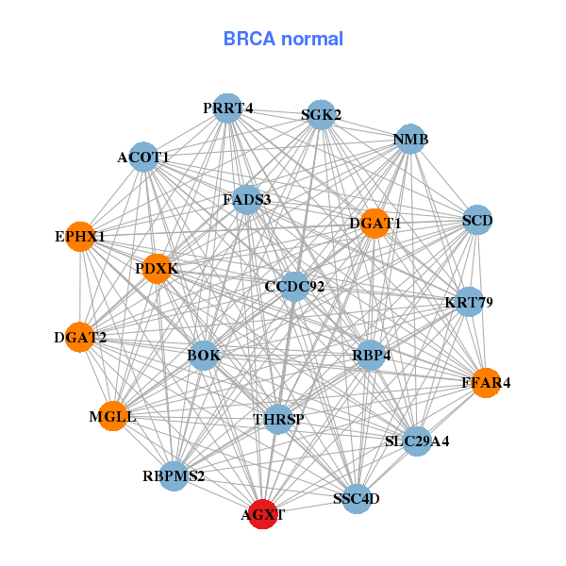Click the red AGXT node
pyautogui.click(x=261, y=515)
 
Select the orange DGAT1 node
pyautogui.click(x=375, y=224)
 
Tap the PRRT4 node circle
pyautogui.click(x=226, y=108)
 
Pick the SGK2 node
pyautogui.click(x=321, y=115)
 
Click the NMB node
pyautogui.click(x=410, y=140)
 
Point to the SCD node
pyautogui.click(x=477, y=222)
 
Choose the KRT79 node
pyautogui.click(x=469, y=303)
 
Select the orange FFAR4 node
pyautogui.click(x=486, y=383)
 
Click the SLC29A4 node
pyautogui.click(x=417, y=441)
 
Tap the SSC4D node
pyautogui.click(x=356, y=498)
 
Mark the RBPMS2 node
pyautogui.click(x=174, y=476)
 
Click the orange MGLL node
pyautogui.click(x=113, y=416)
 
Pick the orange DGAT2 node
pyautogui.click(x=80, y=337)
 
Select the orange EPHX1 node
pyautogui.click(x=80, y=237)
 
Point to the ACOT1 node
pyautogui.click(x=143, y=157)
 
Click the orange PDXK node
pyautogui.click(x=157, y=269)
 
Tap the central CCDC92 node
pyautogui.click(x=294, y=286)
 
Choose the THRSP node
pyautogui.click(x=278, y=419)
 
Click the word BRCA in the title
pyautogui.click(x=245, y=39)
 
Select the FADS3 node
pyautogui.click(x=246, y=200)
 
